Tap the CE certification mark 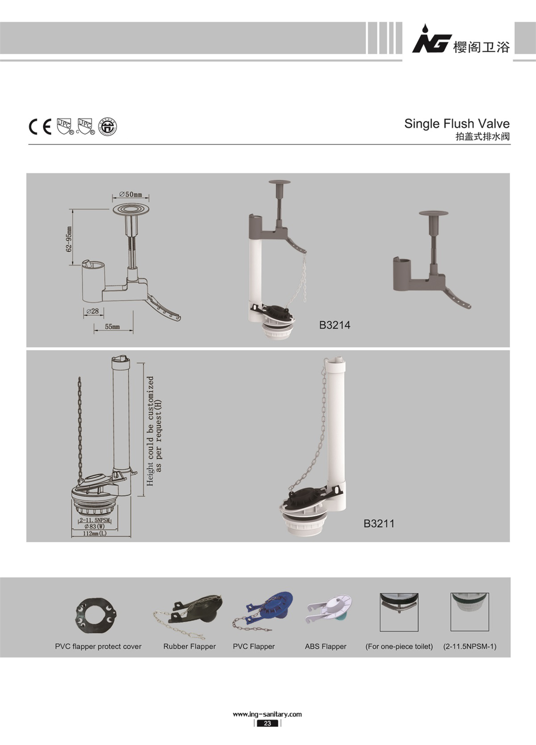tap(40, 126)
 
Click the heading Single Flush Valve tap(457, 124)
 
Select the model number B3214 tap(335, 325)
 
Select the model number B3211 tap(379, 523)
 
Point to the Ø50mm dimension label tap(130, 194)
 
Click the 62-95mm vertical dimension tap(69, 239)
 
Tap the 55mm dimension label tap(112, 327)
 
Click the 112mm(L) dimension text tap(95, 533)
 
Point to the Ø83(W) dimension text tap(95, 526)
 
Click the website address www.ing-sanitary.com tap(267, 714)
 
